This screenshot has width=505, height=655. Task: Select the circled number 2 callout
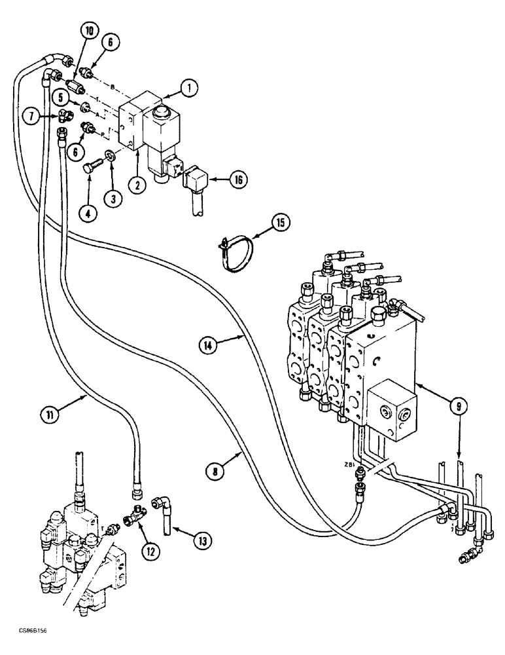[137, 185]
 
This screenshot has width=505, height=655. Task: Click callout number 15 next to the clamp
[280, 223]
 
